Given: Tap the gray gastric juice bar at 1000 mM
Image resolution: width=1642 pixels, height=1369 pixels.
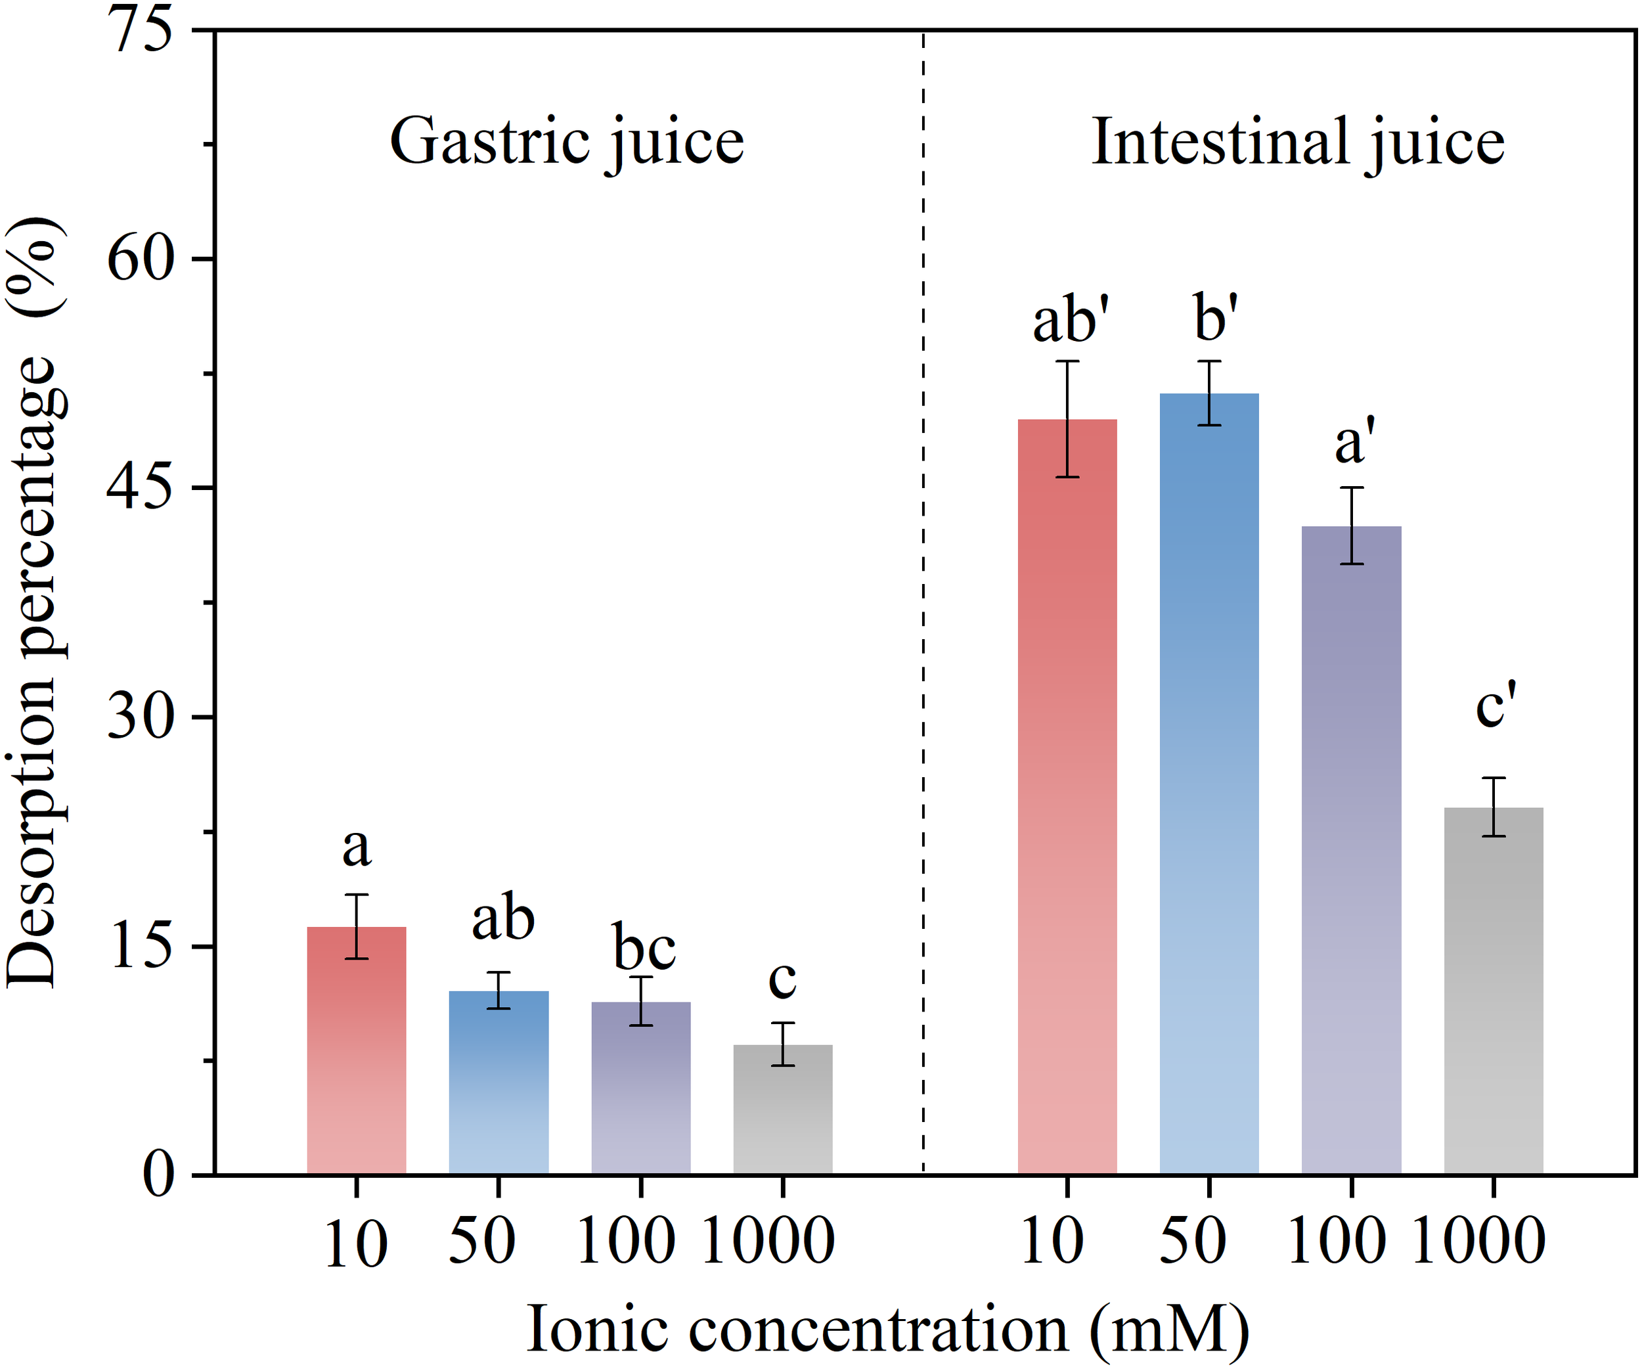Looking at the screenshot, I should pos(783,1110).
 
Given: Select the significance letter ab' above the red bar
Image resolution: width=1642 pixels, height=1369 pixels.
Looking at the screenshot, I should pos(1071,321).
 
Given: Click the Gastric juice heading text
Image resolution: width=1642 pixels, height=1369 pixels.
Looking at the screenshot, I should pos(567,143).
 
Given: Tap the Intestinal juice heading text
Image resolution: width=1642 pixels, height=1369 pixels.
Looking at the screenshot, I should pos(1297,143).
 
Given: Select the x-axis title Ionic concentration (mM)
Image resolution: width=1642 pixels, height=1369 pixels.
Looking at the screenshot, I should pos(887,1329).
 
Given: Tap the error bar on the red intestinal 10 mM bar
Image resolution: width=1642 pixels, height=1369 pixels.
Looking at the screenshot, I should pos(1067,419).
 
